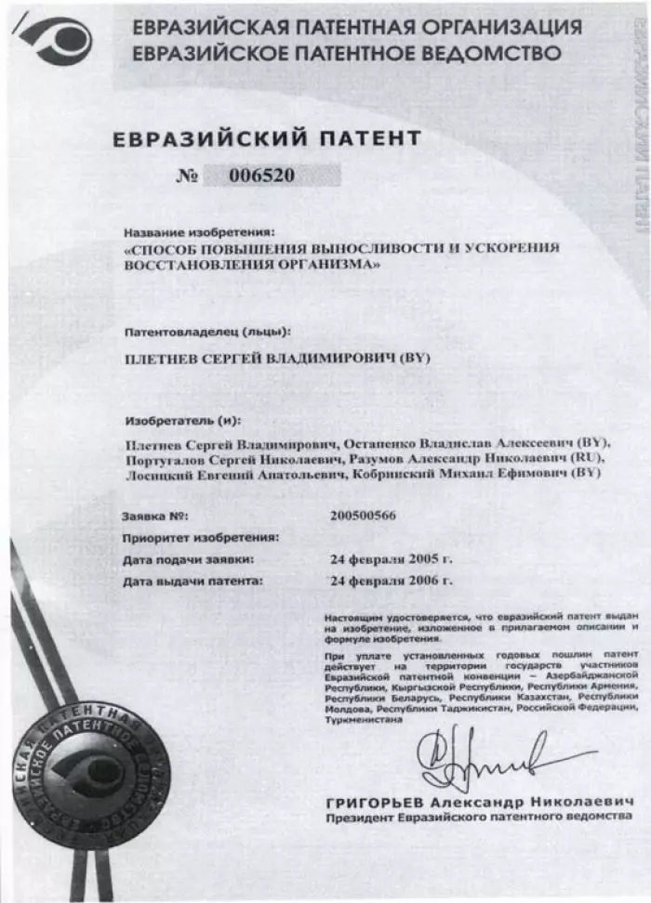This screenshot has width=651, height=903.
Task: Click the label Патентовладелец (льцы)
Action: pos(206,331)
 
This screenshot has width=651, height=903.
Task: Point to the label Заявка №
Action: pos(155,515)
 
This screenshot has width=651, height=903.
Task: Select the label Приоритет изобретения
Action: pos(200,537)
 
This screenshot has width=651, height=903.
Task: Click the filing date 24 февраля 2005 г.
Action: pos(392,559)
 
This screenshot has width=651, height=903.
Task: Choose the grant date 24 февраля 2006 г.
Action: pos(392,582)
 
